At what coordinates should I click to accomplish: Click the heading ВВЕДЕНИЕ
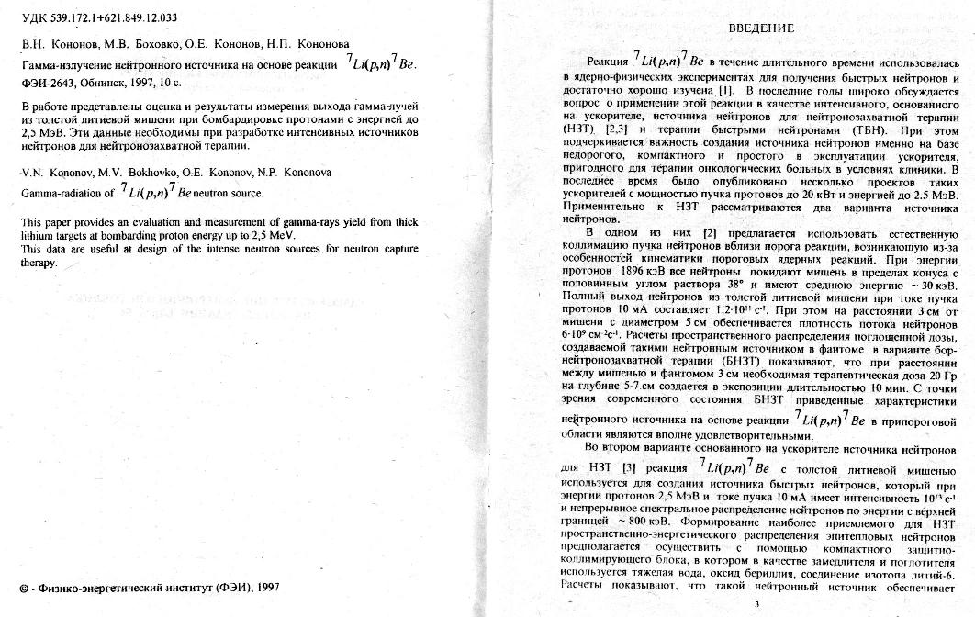[761, 28]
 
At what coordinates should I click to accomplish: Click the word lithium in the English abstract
[39, 236]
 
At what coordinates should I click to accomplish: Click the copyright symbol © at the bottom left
[23, 587]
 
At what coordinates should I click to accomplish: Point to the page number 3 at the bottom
[756, 603]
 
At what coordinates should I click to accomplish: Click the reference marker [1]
[725, 93]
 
